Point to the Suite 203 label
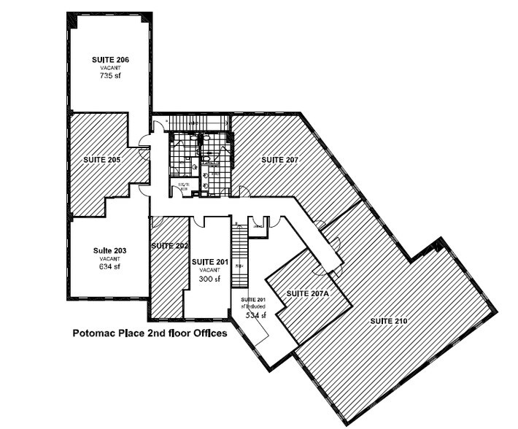coord(110,250)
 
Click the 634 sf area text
coord(110,266)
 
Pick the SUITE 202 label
coord(170,246)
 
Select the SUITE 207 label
coord(282,159)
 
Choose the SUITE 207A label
coord(309,293)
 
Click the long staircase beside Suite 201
coord(240,255)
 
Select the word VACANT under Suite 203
coord(110,258)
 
